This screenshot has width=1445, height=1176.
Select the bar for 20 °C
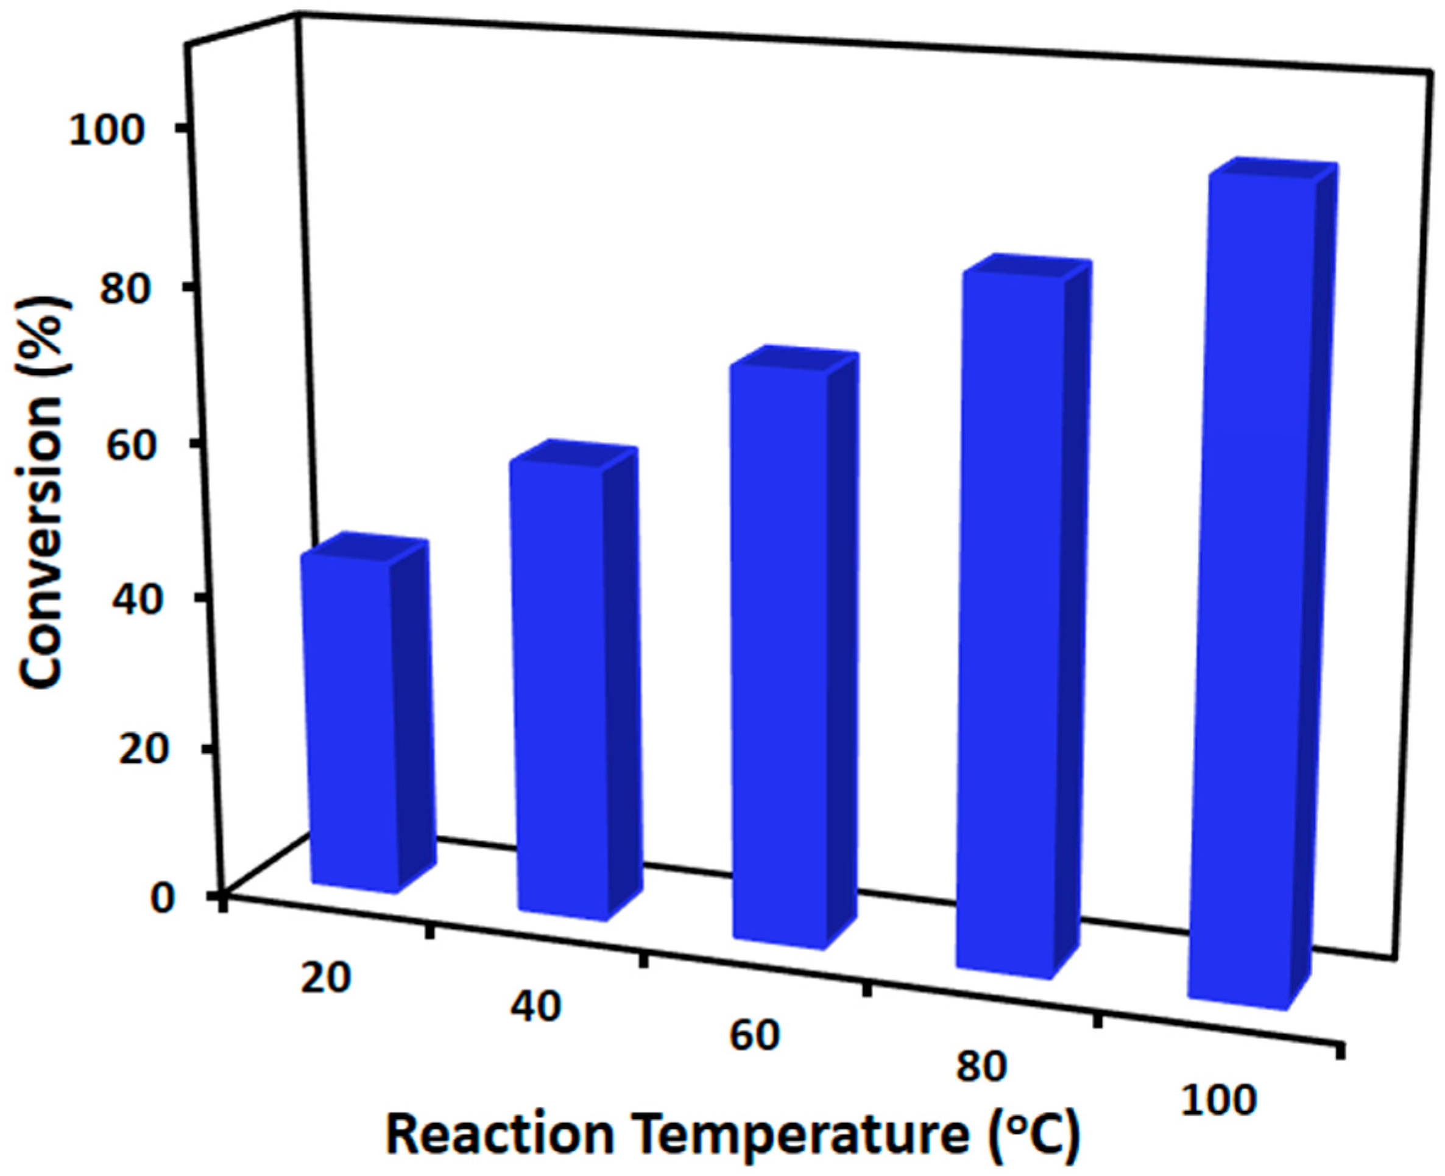click(352, 725)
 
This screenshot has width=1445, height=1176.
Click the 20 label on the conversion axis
click(143, 750)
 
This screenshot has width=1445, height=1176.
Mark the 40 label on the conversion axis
click(143, 598)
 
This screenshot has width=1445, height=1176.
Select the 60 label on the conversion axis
click(143, 444)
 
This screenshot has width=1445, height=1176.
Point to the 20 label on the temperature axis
click(326, 978)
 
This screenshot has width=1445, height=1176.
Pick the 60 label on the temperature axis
click(755, 1037)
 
